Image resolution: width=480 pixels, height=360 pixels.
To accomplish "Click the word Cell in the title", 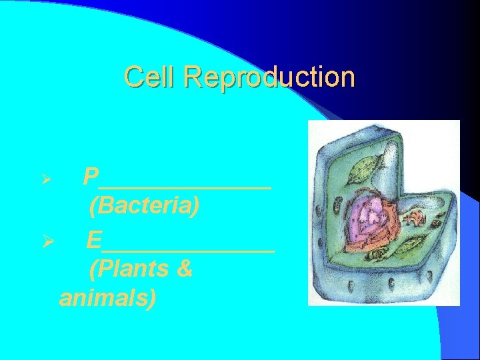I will [151, 77].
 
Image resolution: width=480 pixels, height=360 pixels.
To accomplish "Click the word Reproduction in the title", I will [269, 77].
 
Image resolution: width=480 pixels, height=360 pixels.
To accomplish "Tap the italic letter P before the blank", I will [91, 177].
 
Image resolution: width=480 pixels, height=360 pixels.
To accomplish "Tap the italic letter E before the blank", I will [94, 239].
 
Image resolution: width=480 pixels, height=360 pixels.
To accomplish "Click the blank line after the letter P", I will [186, 187].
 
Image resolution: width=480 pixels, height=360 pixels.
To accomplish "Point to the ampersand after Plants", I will [185, 269].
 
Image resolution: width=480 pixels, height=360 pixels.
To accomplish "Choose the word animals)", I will [108, 297].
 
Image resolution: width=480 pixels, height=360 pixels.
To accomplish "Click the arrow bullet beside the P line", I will [46, 178].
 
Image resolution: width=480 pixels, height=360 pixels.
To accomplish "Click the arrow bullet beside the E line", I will [46, 240].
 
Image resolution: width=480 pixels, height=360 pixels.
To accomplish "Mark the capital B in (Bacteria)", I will [104, 207].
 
